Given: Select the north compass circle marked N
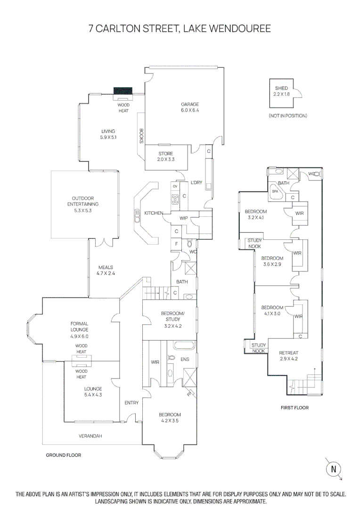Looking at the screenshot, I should click(x=334, y=469).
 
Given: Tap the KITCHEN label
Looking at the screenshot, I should click(x=153, y=213).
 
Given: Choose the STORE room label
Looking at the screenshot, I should click(x=165, y=154).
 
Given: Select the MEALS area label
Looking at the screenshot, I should click(x=106, y=267).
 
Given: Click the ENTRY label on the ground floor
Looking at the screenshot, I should click(x=131, y=402).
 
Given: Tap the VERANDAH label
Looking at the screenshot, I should click(x=90, y=436).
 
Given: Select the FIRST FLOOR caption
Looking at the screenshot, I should click(x=295, y=408).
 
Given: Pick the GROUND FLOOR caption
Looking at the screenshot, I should click(x=63, y=455).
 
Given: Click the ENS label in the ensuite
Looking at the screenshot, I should click(x=185, y=359).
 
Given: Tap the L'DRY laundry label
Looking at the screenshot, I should click(x=196, y=183).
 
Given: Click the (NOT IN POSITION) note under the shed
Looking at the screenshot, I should click(x=287, y=115).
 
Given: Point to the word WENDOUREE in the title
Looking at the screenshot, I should click(x=243, y=29).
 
